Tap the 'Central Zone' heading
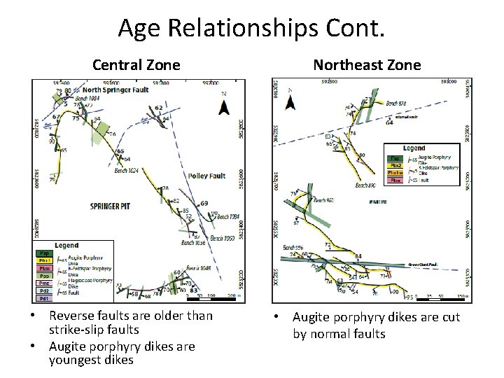pyautogui.click(x=136, y=65)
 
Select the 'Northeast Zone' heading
pyautogui.click(x=367, y=65)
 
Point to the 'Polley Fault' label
pyautogui.click(x=206, y=176)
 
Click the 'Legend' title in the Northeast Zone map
pyautogui.click(x=414, y=148)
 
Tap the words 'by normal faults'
pyautogui.click(x=339, y=333)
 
